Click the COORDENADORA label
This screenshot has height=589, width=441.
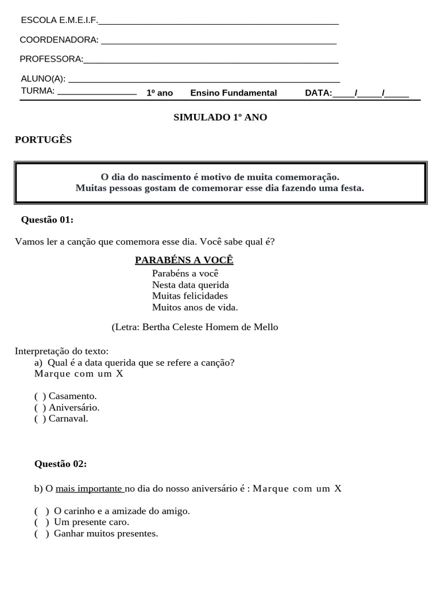59,40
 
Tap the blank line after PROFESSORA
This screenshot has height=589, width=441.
211,60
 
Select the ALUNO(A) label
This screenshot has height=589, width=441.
43,79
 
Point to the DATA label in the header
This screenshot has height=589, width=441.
318,93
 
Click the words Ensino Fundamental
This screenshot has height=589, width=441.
233,93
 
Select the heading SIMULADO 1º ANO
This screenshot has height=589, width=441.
220,117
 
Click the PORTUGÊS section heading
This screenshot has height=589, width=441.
43,140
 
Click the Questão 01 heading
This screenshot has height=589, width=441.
47,220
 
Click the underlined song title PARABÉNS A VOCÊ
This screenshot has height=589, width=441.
184,260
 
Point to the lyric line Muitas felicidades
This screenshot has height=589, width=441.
189,296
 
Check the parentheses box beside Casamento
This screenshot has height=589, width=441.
40,396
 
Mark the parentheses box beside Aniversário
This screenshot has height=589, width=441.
40,407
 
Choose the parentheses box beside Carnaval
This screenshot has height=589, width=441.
40,419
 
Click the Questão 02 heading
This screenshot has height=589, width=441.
60,464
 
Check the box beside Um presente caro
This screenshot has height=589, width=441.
41,522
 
